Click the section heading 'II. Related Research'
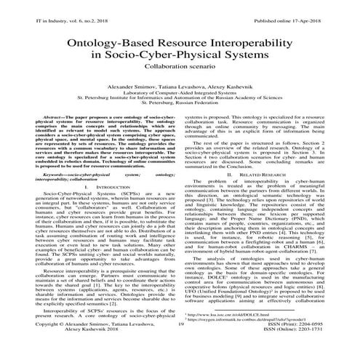point(270,176)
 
